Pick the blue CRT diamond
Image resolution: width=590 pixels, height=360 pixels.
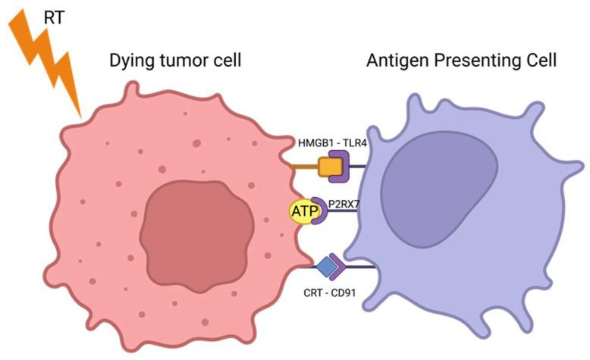327,267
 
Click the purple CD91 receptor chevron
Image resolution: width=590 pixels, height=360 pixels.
338,267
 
